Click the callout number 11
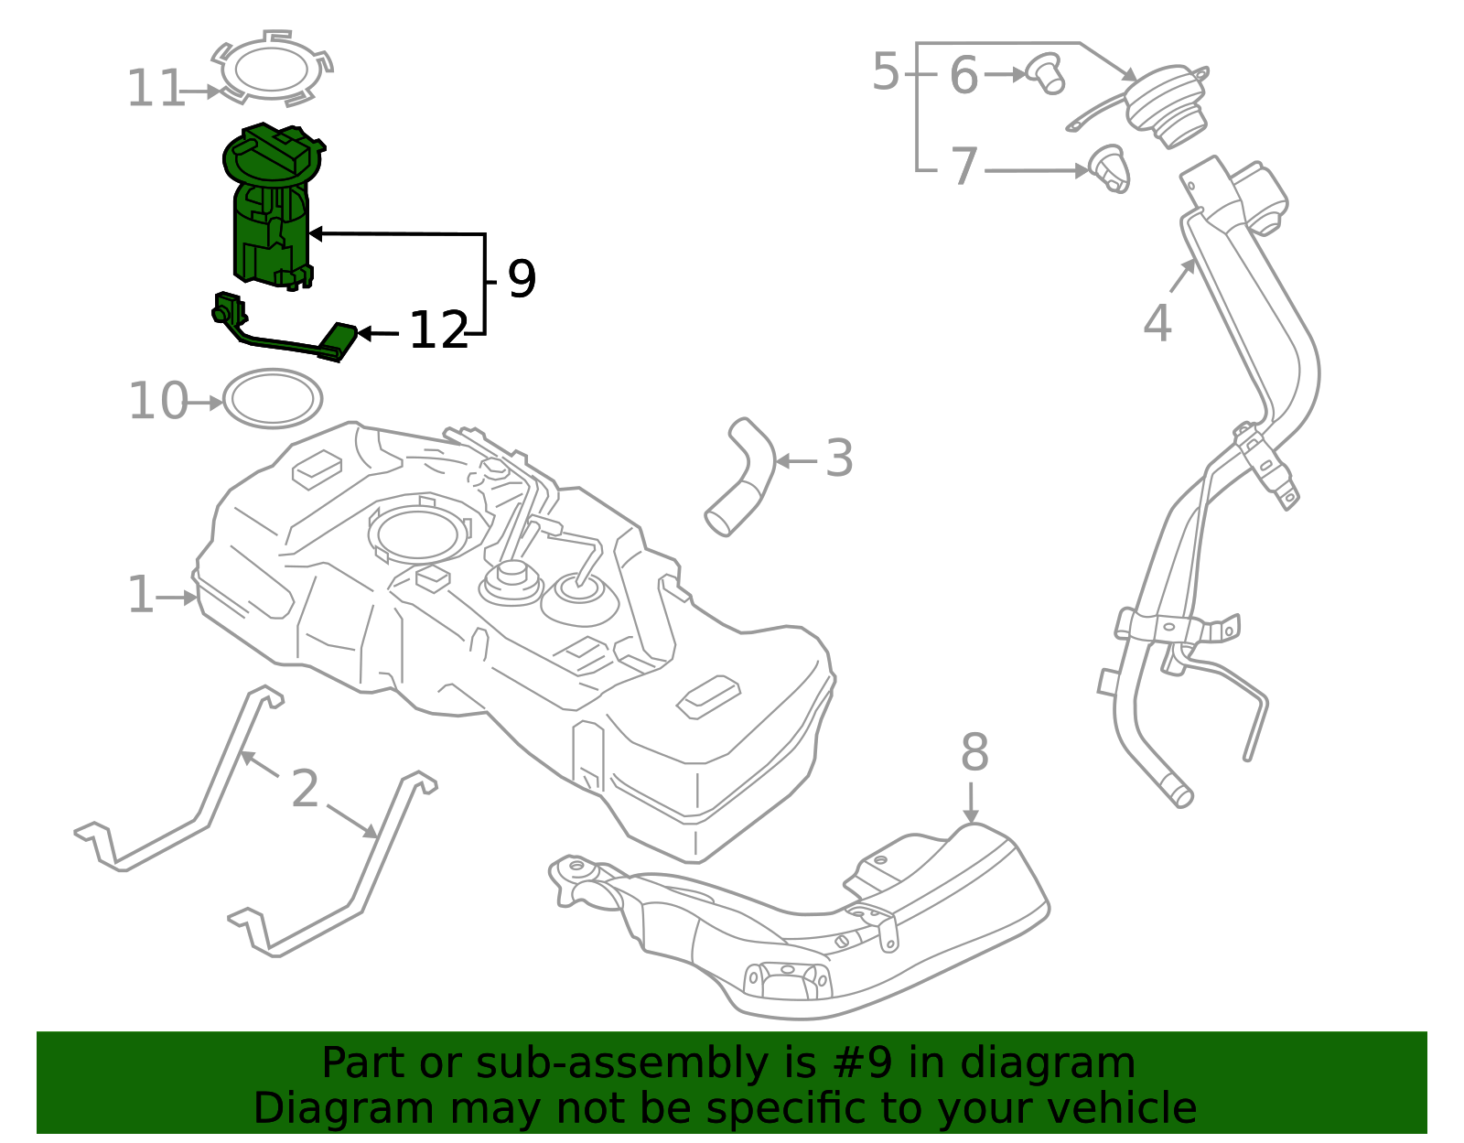coord(156,90)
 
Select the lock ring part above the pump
coord(272,69)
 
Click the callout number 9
coord(521,279)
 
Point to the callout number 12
coord(437,331)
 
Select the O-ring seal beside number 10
coord(273,399)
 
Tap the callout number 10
coord(157,402)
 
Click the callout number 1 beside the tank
coord(140,596)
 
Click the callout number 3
coord(838,459)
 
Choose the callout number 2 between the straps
coord(305,789)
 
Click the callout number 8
coord(974,754)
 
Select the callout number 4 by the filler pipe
coord(1157,324)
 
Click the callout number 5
coord(885,72)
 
